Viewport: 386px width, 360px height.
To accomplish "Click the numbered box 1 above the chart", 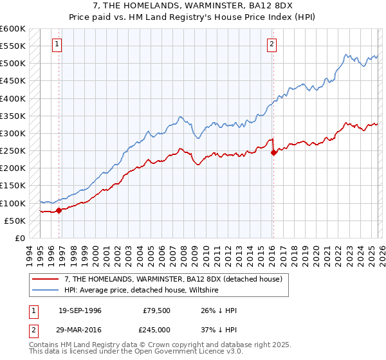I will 58,44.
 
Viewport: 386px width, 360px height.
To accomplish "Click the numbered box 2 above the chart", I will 272,44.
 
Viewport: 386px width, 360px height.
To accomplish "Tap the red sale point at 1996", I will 59,210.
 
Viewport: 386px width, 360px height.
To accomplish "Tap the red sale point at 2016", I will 273,153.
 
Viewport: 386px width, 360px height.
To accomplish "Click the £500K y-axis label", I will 12,64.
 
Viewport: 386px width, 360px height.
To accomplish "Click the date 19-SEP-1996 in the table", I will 80,310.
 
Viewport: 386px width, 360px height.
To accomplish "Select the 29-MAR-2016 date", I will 80,330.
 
